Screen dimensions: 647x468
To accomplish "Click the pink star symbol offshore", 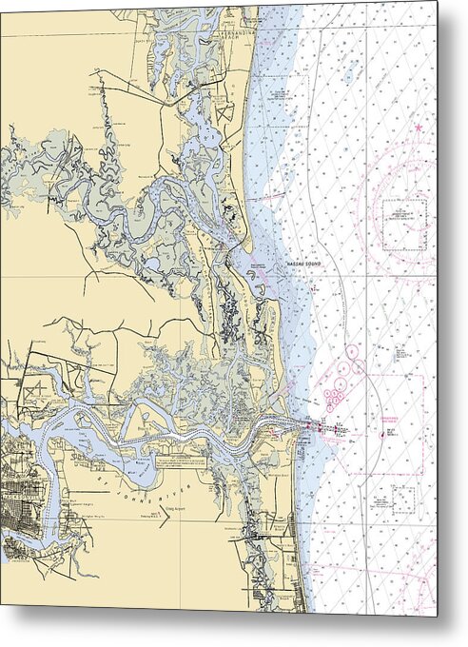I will [x=418, y=127].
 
